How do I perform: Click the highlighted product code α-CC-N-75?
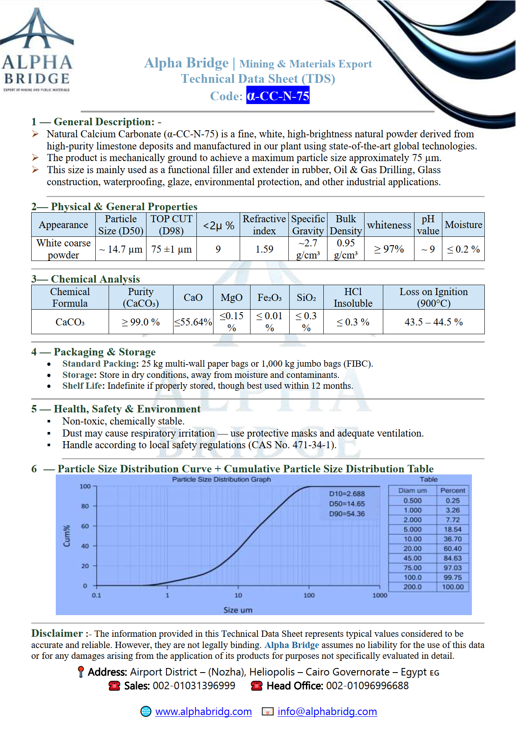(278, 96)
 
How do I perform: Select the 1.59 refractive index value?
(264, 249)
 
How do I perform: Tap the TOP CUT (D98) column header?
(171, 225)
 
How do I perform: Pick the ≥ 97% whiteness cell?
(389, 249)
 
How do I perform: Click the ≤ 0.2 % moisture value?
(463, 249)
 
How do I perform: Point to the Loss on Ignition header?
(434, 297)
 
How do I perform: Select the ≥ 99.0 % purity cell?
(141, 322)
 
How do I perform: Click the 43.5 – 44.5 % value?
(434, 322)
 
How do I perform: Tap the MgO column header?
(231, 298)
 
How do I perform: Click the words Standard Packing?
(99, 364)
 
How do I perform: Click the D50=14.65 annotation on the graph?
(347, 504)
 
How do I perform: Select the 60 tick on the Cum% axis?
(85, 526)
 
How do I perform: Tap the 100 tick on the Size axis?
(309, 595)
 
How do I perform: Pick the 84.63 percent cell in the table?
(453, 558)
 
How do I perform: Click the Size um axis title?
(238, 610)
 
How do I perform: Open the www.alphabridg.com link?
(203, 711)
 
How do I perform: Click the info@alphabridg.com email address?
(327, 711)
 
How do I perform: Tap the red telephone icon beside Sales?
(114, 685)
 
